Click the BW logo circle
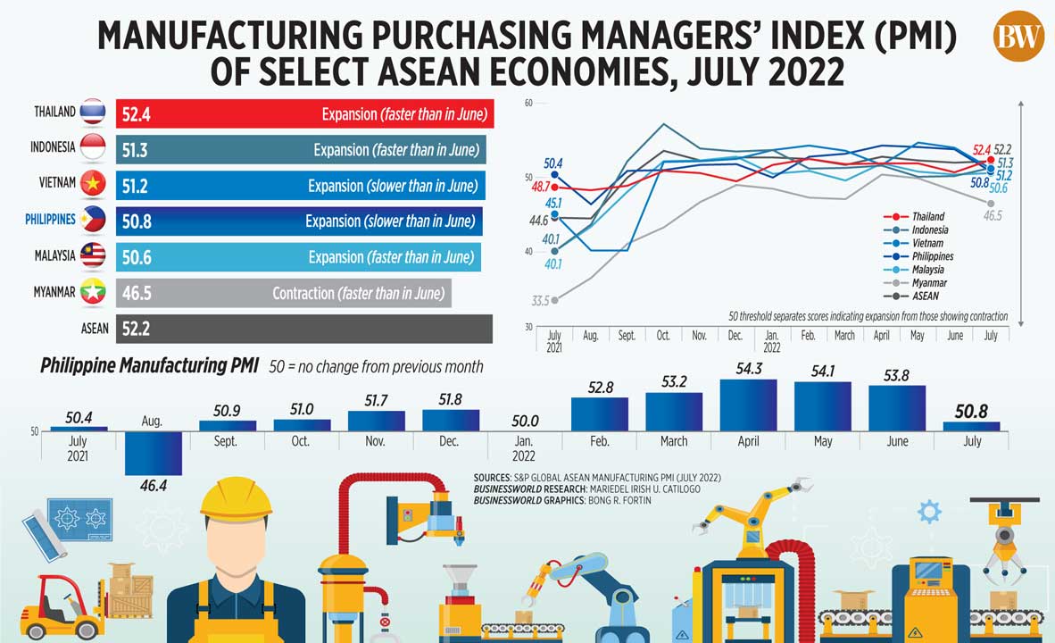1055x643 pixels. pos(1018,36)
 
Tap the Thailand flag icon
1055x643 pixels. pos(93,112)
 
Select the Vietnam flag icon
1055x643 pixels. pos(93,184)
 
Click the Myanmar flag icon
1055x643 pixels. pos(93,292)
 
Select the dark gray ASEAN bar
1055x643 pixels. pos(303,329)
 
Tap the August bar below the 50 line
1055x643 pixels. pos(153,453)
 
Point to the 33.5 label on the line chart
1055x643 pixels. pos(538,301)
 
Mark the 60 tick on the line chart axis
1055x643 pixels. pos(527,104)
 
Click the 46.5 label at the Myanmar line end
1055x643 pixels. pos(993,216)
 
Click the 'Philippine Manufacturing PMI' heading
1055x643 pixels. pos(149,366)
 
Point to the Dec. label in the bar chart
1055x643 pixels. pos(449,441)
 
